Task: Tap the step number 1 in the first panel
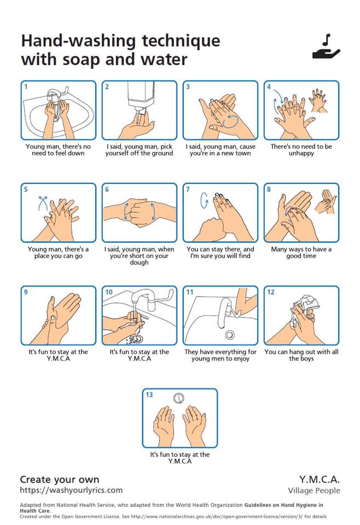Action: click(26, 87)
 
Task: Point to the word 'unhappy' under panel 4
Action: click(301, 153)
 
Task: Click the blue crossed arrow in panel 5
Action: click(43, 203)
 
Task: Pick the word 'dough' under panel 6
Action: click(139, 262)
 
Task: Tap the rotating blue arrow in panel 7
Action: click(204, 200)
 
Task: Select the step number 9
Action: click(26, 292)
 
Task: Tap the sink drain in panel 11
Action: click(230, 334)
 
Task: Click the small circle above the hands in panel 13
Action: click(179, 398)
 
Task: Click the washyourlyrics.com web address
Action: click(71, 490)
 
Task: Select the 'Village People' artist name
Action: click(314, 491)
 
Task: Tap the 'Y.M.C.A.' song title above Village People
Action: click(320, 479)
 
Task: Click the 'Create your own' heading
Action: click(60, 480)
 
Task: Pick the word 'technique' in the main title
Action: click(181, 42)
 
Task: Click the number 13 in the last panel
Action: click(149, 395)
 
